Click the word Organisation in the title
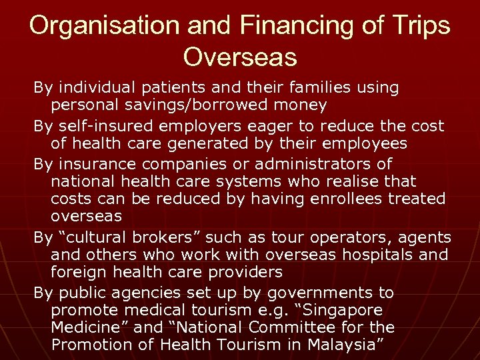click(95, 26)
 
